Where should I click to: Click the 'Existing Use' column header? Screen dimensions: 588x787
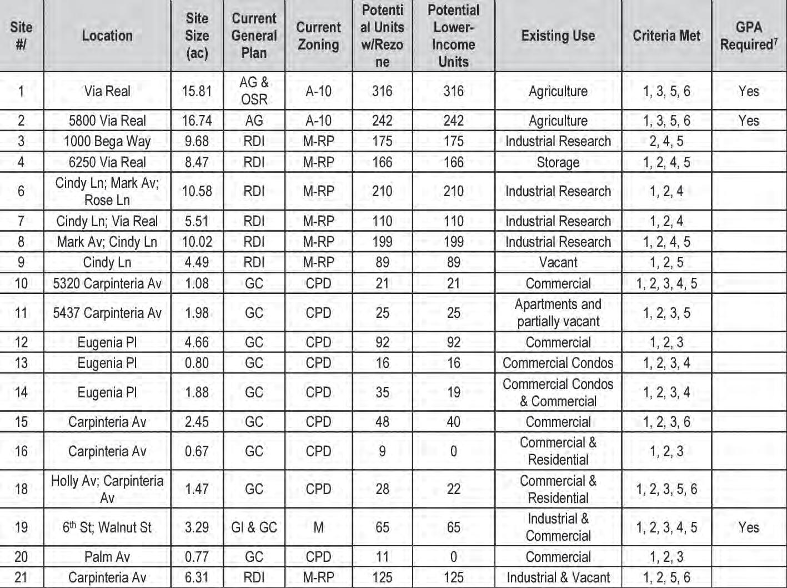click(558, 36)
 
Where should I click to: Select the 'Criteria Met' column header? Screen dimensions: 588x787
click(666, 36)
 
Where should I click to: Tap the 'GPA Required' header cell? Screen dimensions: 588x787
click(748, 36)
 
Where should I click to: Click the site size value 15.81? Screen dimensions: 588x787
click(197, 91)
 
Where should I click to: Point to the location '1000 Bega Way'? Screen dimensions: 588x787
click(107, 141)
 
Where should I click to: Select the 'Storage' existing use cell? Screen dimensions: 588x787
click(558, 162)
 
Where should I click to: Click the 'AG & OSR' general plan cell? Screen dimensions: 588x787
click(254, 91)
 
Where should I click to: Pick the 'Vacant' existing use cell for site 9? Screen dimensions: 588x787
click(558, 262)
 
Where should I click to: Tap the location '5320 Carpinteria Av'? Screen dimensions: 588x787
click(107, 283)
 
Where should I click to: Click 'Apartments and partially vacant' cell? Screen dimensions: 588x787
click(558, 313)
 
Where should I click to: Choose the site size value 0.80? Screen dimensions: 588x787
click(197, 363)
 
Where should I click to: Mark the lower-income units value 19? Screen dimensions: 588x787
click(453, 392)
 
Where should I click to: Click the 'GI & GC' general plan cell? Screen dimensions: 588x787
click(254, 527)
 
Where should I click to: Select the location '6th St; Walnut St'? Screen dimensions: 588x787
click(107, 527)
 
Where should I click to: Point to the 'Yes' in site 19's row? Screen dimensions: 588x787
click(748, 527)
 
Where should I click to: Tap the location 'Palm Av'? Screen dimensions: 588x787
click(107, 557)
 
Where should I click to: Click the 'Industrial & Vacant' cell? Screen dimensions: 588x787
click(558, 577)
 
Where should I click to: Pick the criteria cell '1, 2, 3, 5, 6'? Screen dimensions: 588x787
click(666, 489)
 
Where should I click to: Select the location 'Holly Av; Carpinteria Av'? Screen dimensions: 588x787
click(107, 489)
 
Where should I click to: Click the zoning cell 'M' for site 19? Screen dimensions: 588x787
click(318, 527)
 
